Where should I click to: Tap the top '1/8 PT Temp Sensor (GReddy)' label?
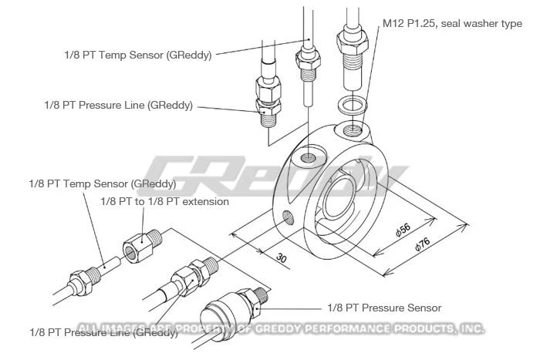coord(138,54)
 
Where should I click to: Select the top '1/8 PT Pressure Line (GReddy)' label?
coord(118,105)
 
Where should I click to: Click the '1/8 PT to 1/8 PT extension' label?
coord(165,201)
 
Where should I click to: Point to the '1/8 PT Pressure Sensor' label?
coord(385,308)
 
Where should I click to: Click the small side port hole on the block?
coord(288,217)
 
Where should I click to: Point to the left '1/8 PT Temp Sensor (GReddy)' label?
coord(102,184)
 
